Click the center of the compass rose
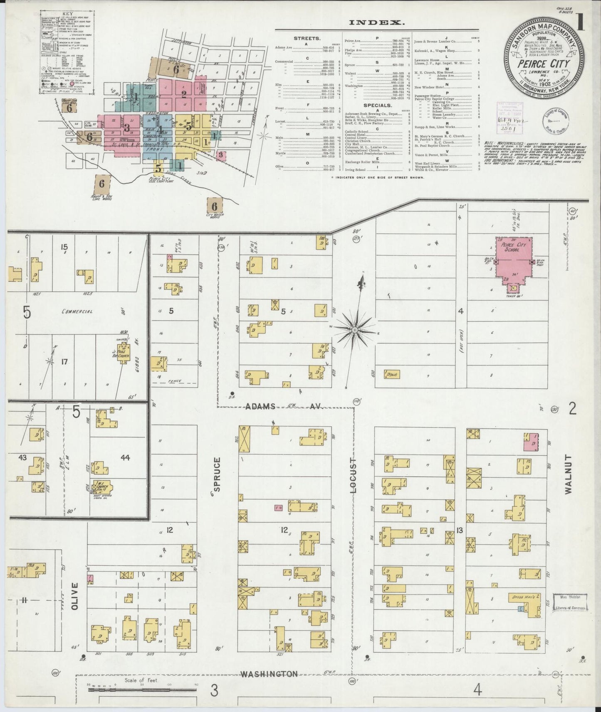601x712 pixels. [x=355, y=330]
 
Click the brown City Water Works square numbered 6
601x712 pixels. [x=215, y=206]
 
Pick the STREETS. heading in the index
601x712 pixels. [x=307, y=38]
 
